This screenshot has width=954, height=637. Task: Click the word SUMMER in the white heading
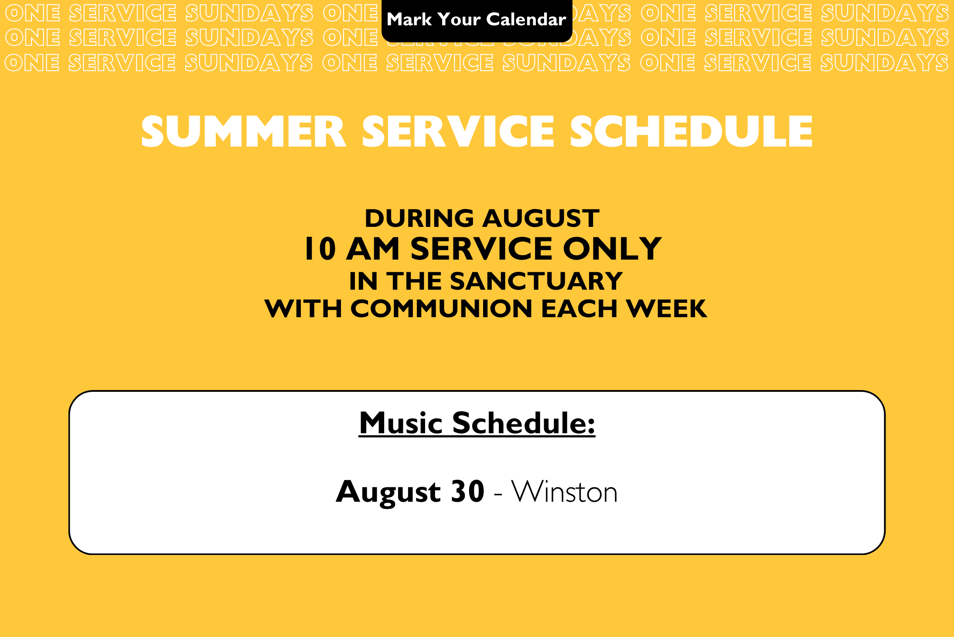(x=243, y=131)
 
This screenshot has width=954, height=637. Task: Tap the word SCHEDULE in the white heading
(x=691, y=131)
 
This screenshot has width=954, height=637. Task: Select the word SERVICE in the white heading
(x=458, y=131)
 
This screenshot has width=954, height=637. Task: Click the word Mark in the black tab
(x=409, y=20)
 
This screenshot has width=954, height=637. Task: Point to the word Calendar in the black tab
(x=526, y=20)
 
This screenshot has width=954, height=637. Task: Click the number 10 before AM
(x=320, y=249)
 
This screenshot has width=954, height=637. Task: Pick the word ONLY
(x=612, y=249)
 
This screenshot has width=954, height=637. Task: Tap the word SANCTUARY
(x=536, y=281)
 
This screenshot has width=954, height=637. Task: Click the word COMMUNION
(x=441, y=309)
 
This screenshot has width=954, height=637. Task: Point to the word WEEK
(x=666, y=309)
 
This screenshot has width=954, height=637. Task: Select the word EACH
(x=579, y=309)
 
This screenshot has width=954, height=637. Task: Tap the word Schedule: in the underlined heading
(x=524, y=423)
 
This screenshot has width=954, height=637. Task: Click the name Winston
(x=565, y=492)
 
